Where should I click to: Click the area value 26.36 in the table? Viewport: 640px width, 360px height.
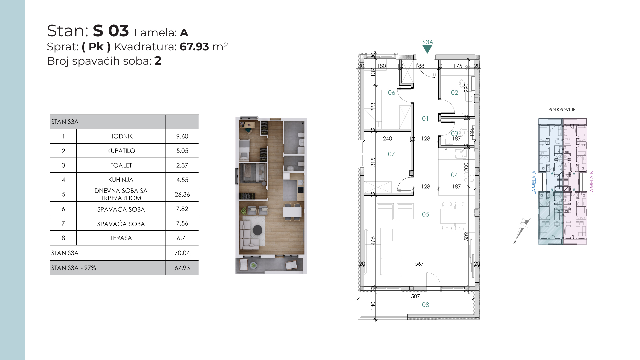click(x=182, y=194)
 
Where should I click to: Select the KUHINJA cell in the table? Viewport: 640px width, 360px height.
click(x=121, y=180)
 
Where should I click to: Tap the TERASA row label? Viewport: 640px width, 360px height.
click(x=121, y=238)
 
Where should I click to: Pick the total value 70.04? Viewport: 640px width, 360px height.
click(x=182, y=253)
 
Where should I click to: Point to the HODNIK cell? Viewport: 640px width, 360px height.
click(x=121, y=136)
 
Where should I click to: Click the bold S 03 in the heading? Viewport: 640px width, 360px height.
click(x=111, y=31)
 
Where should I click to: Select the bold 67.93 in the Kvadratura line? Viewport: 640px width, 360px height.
click(x=194, y=47)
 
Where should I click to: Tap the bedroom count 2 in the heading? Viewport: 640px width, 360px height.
click(x=158, y=61)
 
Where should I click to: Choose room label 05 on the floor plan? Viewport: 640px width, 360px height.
click(x=426, y=214)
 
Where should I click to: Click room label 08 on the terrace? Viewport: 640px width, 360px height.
click(x=426, y=305)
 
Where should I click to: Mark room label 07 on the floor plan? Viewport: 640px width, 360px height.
click(x=391, y=154)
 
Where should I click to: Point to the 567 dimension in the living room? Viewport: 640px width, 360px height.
click(x=419, y=264)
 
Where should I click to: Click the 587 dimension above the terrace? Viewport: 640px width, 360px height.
click(x=415, y=296)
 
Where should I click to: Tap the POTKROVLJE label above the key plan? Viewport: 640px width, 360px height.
click(x=562, y=110)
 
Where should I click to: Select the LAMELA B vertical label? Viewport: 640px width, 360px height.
click(x=592, y=183)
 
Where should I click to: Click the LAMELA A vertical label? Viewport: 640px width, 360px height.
click(x=534, y=183)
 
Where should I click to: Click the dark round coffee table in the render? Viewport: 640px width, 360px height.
click(x=258, y=230)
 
